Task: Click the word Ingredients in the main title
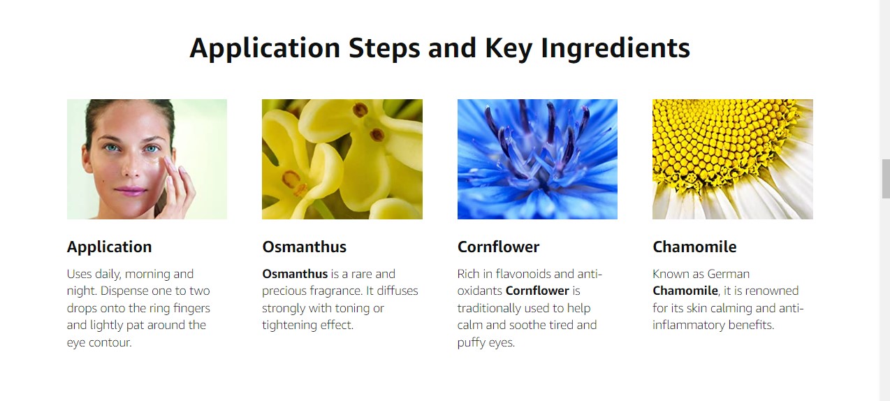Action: pos(615,48)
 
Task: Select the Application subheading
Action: pos(109,247)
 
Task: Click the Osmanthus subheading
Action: pos(305,247)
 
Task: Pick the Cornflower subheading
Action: pos(498,247)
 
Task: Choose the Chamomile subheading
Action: pos(694,247)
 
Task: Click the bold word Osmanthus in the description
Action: pos(295,274)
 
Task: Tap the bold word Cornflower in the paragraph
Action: pos(537,291)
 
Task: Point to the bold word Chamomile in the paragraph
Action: pos(685,291)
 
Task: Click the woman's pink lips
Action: pos(131,191)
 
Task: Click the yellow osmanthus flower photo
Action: pos(342,159)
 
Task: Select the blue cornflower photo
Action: pos(537,159)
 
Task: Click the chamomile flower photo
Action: pos(733,159)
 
